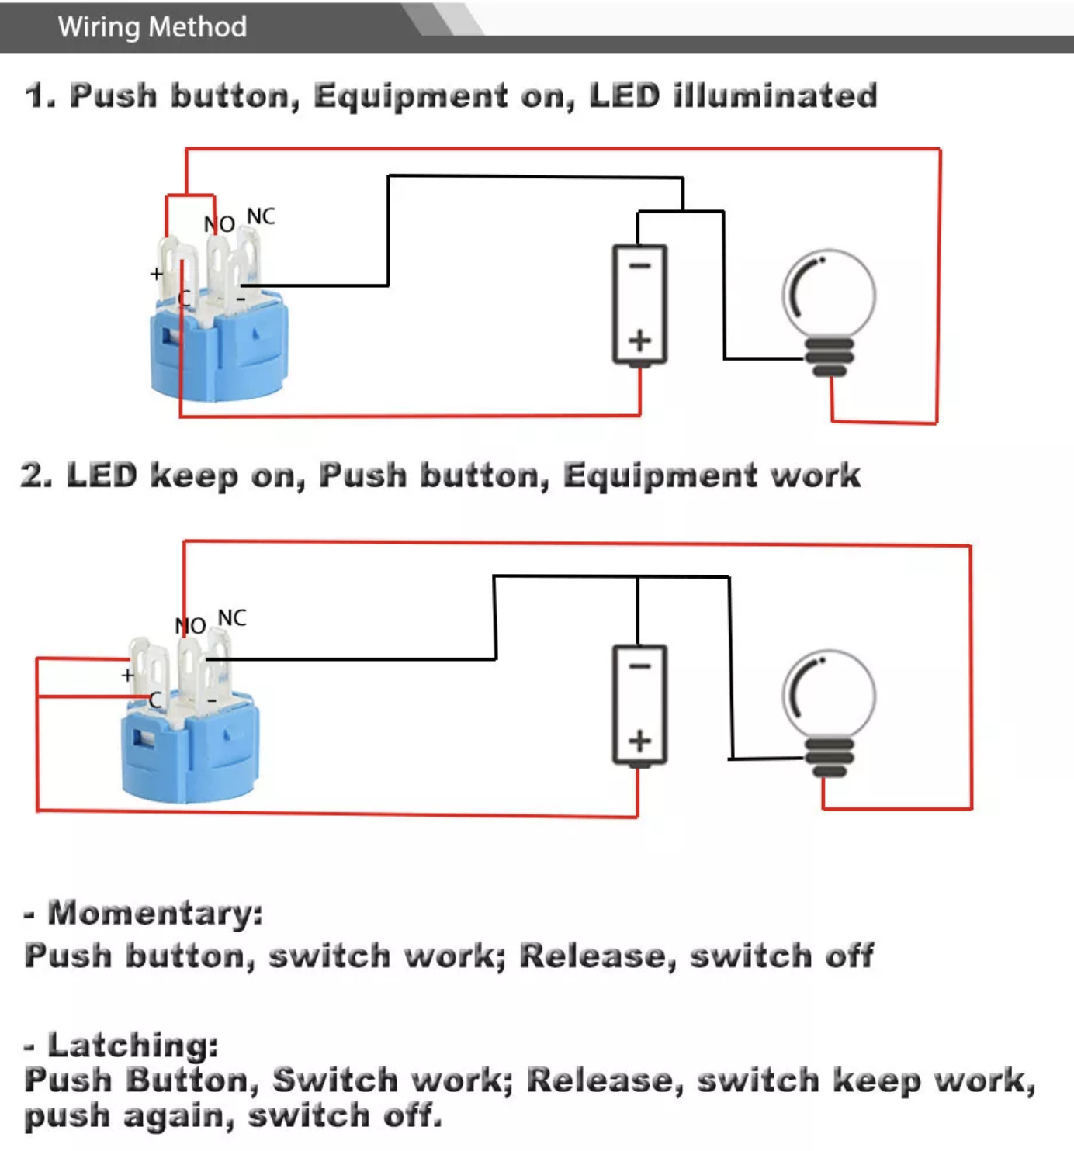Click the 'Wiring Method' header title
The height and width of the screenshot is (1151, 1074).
pyautogui.click(x=152, y=27)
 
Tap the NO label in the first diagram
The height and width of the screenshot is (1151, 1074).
pyautogui.click(x=219, y=224)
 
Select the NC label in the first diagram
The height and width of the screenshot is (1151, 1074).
pyautogui.click(x=261, y=216)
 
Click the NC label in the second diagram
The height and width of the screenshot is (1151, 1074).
pyautogui.click(x=232, y=618)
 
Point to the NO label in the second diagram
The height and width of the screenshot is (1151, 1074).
pyautogui.click(x=190, y=625)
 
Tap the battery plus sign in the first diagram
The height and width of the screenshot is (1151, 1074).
pyautogui.click(x=639, y=340)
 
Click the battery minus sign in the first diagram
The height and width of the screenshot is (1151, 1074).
pyautogui.click(x=639, y=266)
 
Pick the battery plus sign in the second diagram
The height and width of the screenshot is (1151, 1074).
pyautogui.click(x=639, y=741)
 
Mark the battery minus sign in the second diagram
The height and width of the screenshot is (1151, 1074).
pyautogui.click(x=639, y=666)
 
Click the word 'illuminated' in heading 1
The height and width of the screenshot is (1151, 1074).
pyautogui.click(x=775, y=96)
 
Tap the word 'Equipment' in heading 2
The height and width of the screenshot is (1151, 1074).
pyautogui.click(x=660, y=475)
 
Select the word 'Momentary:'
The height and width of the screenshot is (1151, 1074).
pyautogui.click(x=155, y=913)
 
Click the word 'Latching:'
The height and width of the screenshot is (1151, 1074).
pyautogui.click(x=133, y=1045)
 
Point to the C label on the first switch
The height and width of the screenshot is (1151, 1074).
pyautogui.click(x=184, y=298)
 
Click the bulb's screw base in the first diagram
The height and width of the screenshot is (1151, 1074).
pyautogui.click(x=830, y=357)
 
